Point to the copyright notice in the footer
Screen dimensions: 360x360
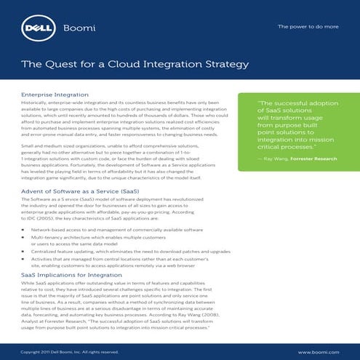point(70,352)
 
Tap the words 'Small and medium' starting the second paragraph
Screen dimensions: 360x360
point(41,146)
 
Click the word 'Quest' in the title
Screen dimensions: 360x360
point(58,65)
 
